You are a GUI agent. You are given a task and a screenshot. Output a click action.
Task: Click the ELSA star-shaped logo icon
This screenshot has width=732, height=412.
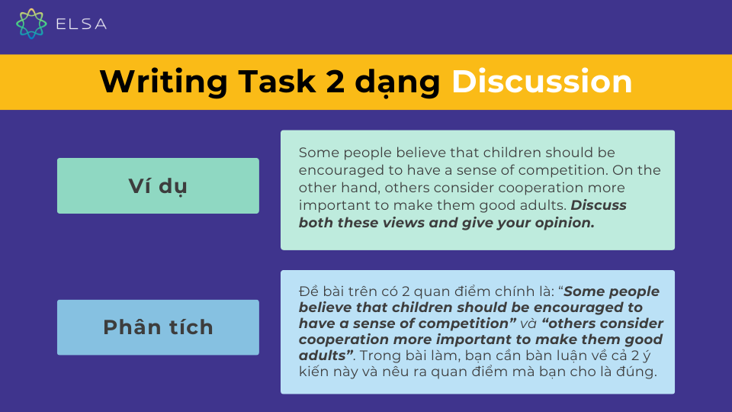(31, 24)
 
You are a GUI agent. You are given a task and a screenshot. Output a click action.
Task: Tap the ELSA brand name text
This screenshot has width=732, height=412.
(82, 24)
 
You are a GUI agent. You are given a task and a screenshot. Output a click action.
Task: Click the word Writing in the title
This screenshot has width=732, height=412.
(163, 82)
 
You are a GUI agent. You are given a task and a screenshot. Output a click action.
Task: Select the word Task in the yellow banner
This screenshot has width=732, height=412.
(277, 82)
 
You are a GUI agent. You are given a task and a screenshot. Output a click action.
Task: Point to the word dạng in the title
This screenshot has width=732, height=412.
(397, 83)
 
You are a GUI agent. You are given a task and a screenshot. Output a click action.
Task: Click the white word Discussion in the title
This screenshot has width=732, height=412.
(541, 82)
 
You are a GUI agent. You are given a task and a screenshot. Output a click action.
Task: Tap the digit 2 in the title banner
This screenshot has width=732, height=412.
(335, 82)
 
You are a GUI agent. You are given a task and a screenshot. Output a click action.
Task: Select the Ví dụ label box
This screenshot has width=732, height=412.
(158, 185)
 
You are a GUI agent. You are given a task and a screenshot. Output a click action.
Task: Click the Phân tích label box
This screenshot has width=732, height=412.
(158, 327)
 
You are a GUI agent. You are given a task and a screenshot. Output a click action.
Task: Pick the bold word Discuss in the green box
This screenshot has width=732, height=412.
(599, 205)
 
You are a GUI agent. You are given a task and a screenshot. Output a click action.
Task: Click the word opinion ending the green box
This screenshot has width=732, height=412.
(565, 224)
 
